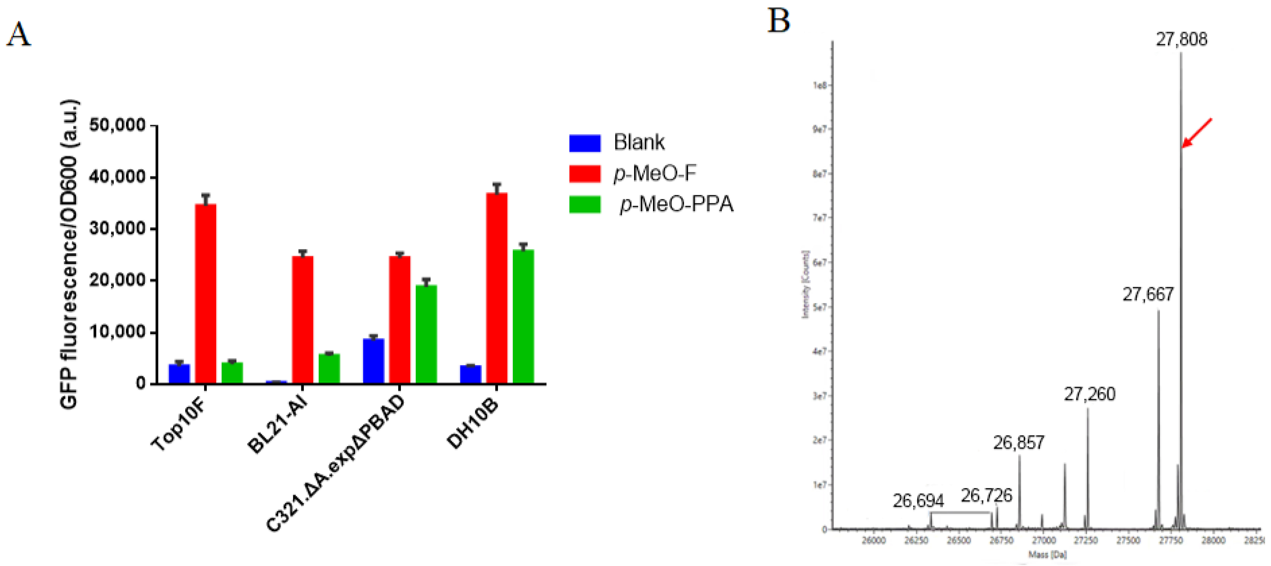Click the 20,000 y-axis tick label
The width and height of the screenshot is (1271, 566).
tap(117, 280)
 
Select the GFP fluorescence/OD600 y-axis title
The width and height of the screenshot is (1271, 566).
tap(69, 254)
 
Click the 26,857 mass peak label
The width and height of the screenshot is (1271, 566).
tap(1018, 443)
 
